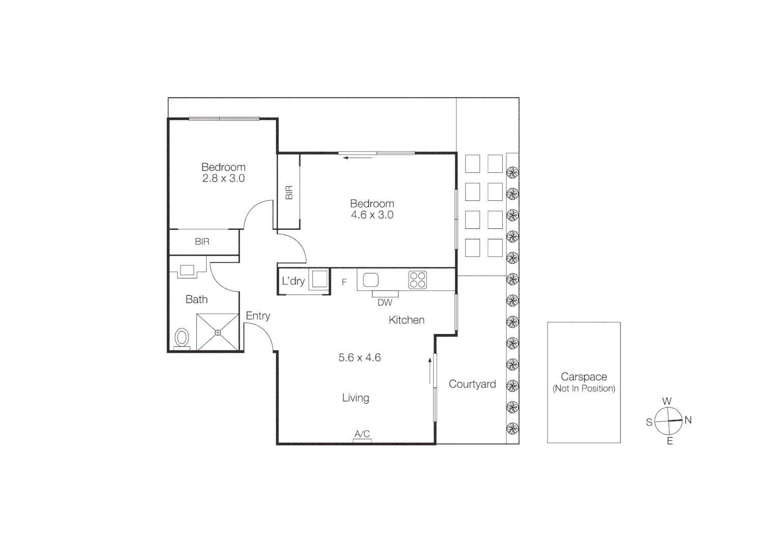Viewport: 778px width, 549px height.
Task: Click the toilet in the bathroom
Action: [182, 337]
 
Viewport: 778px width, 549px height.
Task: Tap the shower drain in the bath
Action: [218, 332]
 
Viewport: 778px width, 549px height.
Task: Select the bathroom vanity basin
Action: [187, 270]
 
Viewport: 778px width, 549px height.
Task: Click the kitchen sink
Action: [370, 280]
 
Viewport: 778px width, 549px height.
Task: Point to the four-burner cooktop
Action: [417, 280]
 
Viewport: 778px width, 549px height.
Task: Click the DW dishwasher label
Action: [385, 303]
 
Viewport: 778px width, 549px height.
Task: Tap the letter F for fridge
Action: [344, 282]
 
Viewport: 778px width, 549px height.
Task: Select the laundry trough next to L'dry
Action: [319, 280]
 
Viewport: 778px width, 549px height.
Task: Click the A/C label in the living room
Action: [362, 434]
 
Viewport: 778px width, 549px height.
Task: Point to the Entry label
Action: [258, 316]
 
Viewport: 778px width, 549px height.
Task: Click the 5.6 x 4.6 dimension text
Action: [360, 358]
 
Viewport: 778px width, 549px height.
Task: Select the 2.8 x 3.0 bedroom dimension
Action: [223, 178]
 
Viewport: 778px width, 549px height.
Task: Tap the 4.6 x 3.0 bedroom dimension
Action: [372, 215]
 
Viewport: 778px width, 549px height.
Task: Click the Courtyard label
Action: [472, 384]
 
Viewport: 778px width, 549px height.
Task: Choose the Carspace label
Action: [584, 377]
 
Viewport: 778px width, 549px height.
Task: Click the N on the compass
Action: [688, 420]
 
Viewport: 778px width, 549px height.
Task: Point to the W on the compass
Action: [667, 401]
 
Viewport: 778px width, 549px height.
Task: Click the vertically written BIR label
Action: [289, 192]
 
